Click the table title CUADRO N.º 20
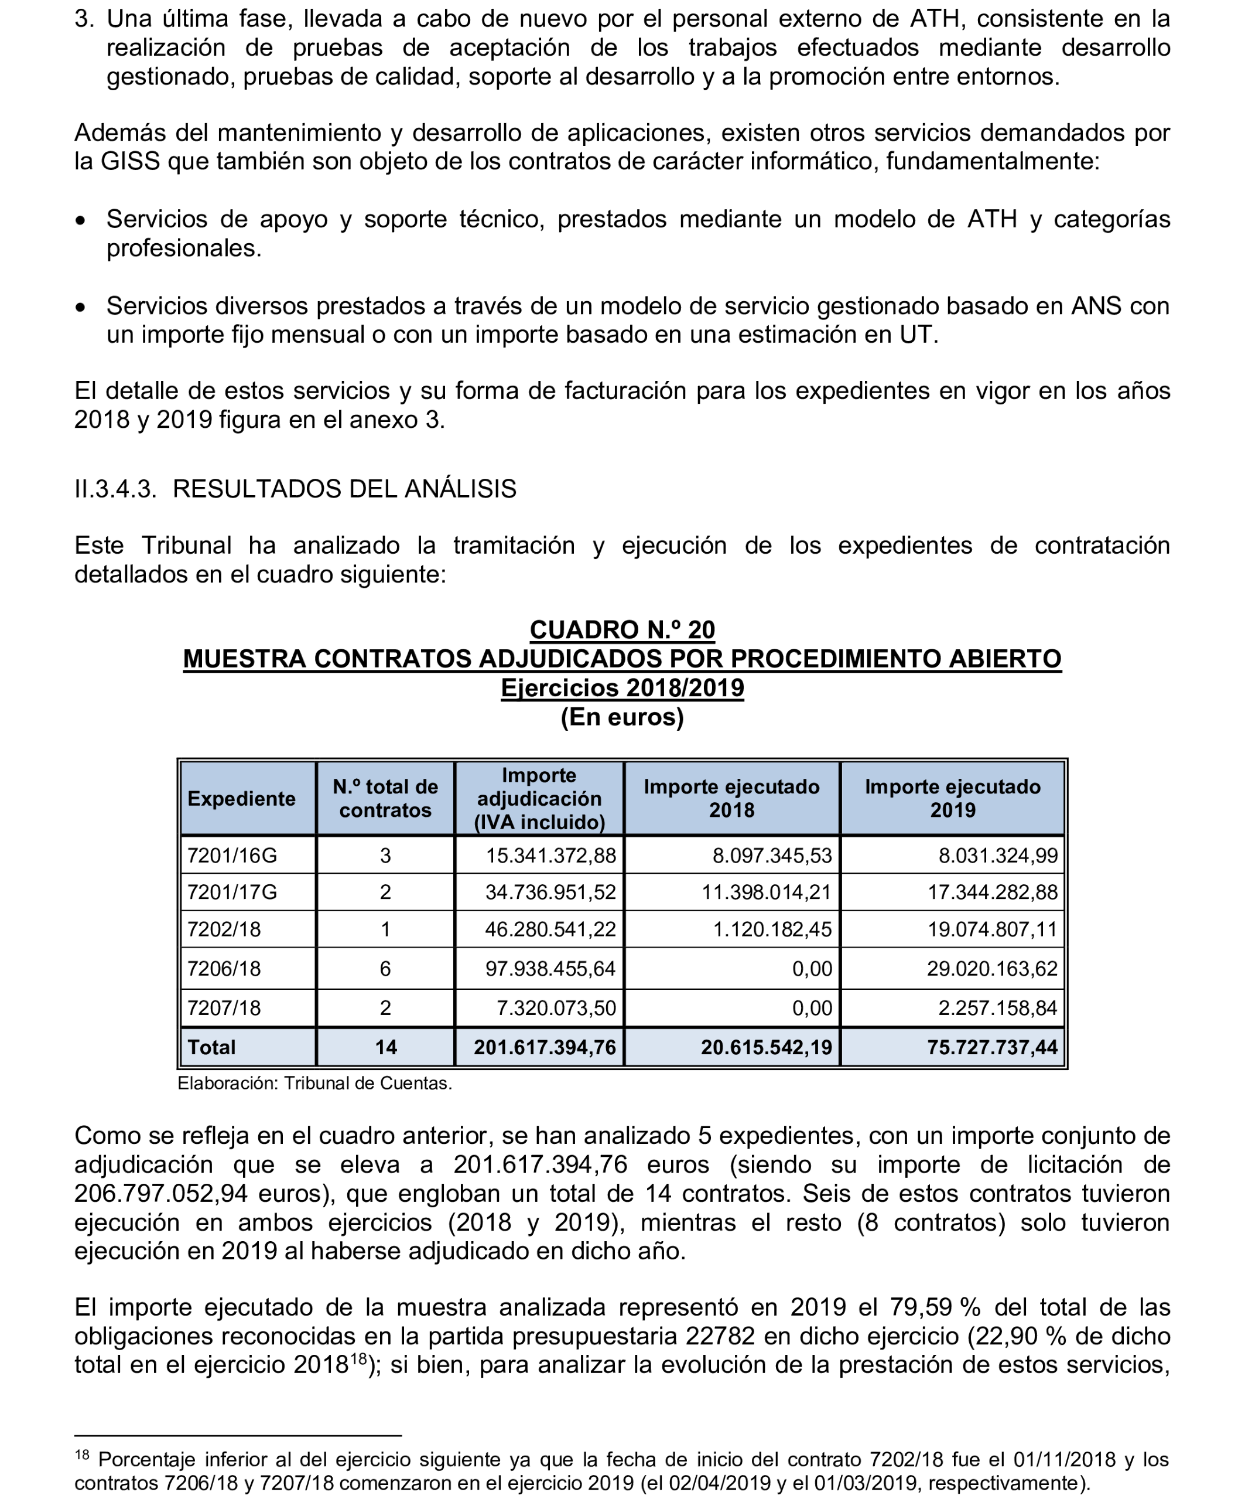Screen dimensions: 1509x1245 [622, 629]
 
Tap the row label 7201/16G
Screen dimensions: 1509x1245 [232, 856]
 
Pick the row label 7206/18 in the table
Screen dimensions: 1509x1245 [224, 969]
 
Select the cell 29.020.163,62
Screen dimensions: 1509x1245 [992, 969]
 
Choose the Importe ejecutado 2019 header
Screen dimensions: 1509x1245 [952, 798]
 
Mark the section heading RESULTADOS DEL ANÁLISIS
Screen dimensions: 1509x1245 [344, 489]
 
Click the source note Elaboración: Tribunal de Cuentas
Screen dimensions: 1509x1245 [315, 1083]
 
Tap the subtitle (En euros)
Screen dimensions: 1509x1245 [622, 717]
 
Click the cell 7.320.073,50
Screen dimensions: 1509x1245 [556, 1008]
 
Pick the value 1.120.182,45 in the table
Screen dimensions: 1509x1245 [772, 929]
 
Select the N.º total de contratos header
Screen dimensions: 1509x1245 [385, 798]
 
